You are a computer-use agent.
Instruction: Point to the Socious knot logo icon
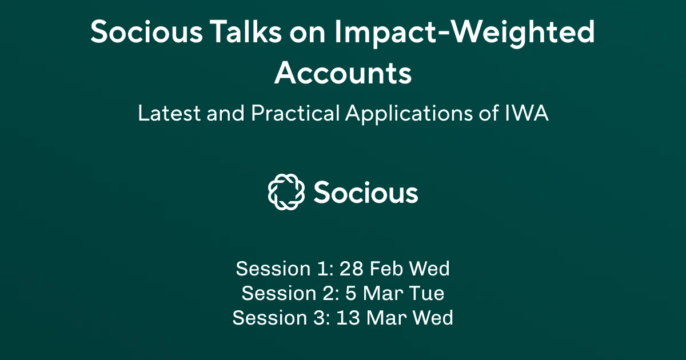click(x=285, y=192)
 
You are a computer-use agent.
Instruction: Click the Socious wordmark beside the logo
click(x=366, y=193)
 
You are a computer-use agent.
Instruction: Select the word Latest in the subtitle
click(x=163, y=113)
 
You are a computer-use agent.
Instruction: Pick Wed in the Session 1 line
click(x=430, y=268)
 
